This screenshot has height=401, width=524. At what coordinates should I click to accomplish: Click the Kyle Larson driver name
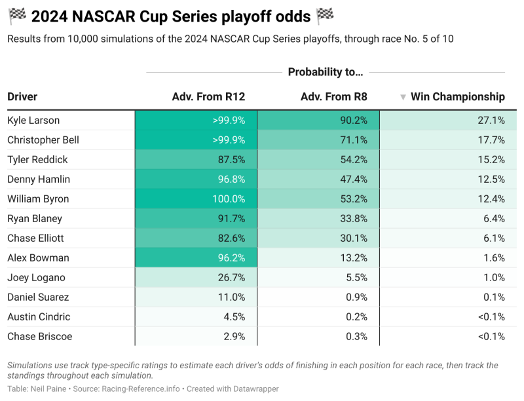click(x=33, y=121)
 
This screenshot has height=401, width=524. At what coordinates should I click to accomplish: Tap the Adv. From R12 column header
click(x=208, y=97)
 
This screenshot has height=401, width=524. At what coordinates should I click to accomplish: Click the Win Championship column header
click(x=457, y=97)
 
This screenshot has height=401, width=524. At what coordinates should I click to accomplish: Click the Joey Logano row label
click(x=36, y=278)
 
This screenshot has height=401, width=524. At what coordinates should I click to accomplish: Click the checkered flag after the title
click(x=324, y=14)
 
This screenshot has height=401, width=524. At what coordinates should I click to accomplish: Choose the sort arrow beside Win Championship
click(x=403, y=98)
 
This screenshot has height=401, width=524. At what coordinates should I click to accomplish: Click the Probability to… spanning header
click(x=325, y=72)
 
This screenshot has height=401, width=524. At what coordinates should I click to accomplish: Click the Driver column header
click(x=22, y=97)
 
